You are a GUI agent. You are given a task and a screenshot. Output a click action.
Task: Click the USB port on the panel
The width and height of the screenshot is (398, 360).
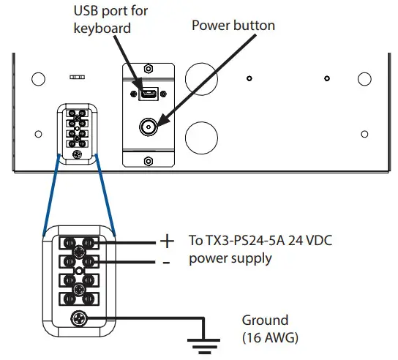[147, 94]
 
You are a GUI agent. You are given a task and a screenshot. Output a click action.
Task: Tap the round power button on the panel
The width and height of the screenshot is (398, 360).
[149, 126]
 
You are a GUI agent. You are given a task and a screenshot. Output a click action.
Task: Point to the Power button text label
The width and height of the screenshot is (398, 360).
[233, 26]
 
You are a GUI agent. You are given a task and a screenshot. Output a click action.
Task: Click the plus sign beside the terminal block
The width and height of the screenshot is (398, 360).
[166, 240]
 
